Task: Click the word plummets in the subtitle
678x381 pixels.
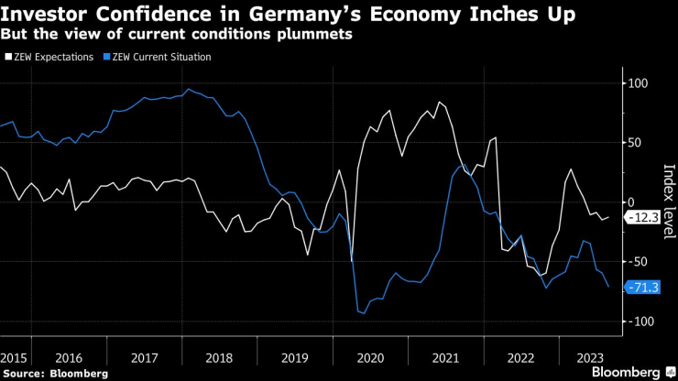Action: tap(321, 34)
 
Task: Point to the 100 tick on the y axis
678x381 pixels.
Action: tap(637, 83)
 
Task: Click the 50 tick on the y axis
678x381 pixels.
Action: tap(635, 142)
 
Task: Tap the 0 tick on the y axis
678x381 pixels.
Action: tap(631, 201)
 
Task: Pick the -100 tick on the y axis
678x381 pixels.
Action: tap(639, 321)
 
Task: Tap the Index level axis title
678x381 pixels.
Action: tap(667, 201)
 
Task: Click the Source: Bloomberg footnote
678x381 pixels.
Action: tap(54, 374)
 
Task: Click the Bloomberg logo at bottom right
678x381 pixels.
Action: tap(631, 373)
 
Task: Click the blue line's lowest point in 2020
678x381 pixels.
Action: tap(363, 313)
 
